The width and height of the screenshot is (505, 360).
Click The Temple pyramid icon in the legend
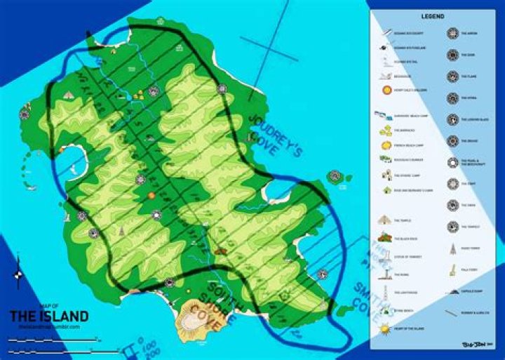384,220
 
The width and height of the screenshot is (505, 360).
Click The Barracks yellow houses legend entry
386,131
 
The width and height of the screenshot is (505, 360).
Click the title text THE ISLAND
49,316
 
